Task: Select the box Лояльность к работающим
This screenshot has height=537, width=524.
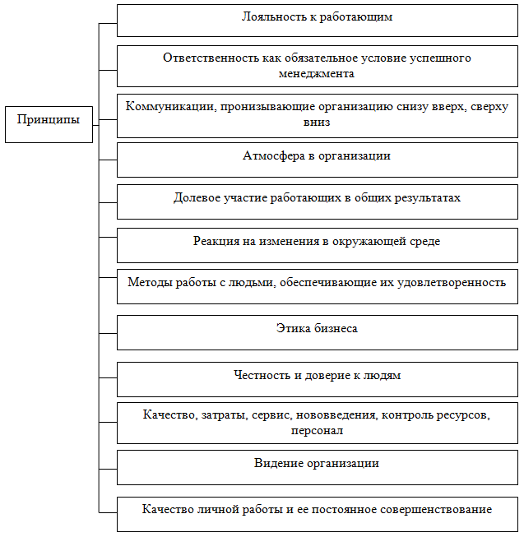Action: [x=317, y=20]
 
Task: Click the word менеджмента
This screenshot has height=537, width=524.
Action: [x=317, y=73]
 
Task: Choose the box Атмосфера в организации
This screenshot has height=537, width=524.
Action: [x=317, y=160]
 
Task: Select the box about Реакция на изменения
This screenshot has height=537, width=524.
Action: [x=317, y=244]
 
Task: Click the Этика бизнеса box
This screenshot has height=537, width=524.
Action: [x=317, y=331]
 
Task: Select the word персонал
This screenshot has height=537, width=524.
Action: [x=317, y=430]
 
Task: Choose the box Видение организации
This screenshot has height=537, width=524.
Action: [x=317, y=465]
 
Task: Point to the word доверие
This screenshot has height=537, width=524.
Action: [x=332, y=376]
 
